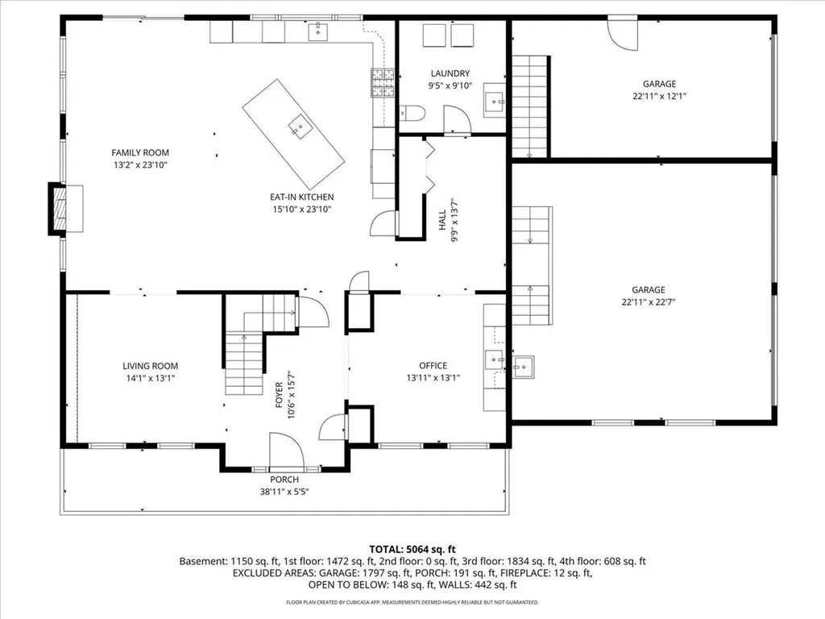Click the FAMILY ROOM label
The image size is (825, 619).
140,152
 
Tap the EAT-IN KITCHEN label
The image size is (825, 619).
301,197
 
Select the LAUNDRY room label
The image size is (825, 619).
450,73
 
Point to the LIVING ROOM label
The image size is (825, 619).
150,366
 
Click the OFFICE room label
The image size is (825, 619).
433,365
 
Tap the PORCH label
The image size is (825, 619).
284,480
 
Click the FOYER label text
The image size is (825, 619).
279,395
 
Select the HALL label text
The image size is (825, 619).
442,219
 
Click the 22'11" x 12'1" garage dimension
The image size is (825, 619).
659,96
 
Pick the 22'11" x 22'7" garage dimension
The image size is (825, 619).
649,302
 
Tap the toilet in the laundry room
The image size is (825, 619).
412,113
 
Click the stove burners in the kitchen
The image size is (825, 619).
383,83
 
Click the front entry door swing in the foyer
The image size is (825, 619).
286,451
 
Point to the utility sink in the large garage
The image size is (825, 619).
524,367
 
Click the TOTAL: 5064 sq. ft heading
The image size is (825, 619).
412,550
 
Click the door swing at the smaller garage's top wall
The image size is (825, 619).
623,35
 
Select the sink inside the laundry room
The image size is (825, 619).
495,100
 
